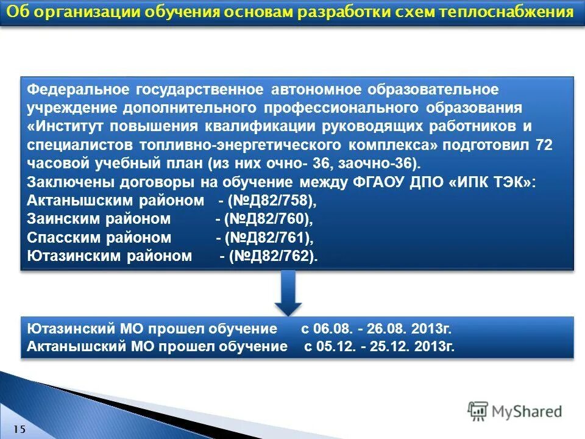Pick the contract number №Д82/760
coord(268,218)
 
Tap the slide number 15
coord(19,429)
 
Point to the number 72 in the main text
coord(540,145)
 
